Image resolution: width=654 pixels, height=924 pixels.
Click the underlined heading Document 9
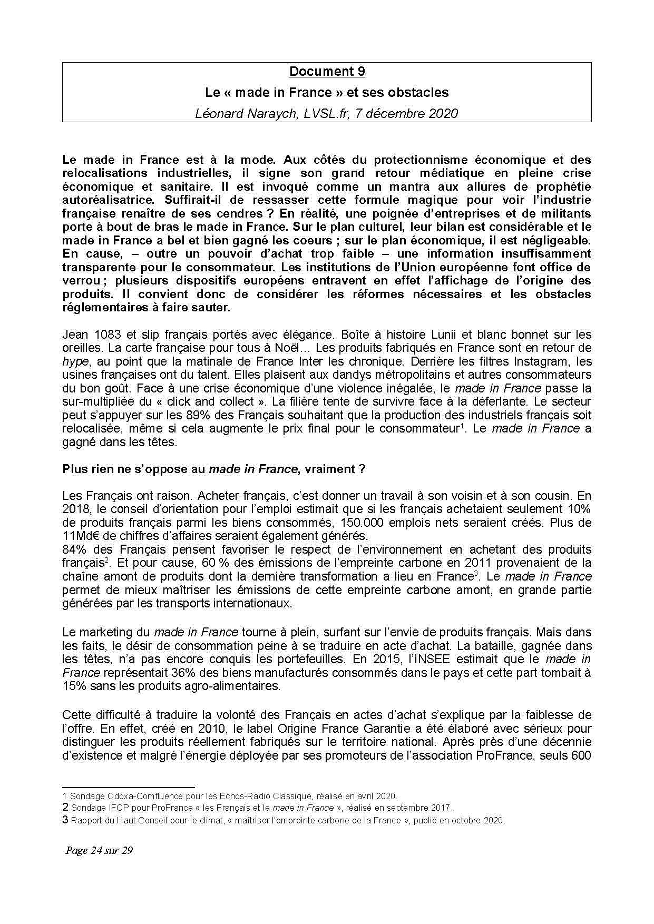327,72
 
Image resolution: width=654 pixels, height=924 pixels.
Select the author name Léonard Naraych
246,113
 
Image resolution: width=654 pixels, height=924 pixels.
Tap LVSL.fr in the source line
326,113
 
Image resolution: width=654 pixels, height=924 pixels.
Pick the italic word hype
74,362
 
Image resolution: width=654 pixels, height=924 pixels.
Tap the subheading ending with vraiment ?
214,469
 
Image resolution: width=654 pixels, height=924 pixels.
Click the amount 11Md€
80,536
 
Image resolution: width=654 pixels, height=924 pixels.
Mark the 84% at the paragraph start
74,549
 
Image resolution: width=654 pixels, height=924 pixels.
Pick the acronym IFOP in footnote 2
114,808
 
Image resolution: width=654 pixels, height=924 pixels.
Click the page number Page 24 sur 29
99,850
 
